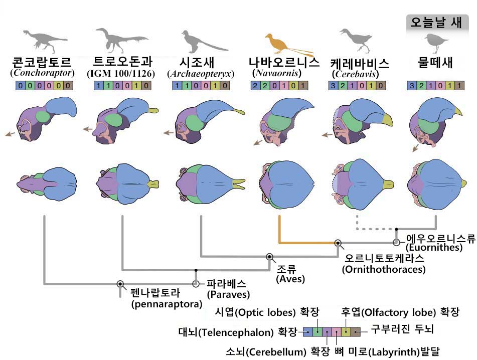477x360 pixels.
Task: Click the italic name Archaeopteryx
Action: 201,74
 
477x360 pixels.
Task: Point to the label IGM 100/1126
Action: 122,74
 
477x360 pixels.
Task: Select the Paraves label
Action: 228,294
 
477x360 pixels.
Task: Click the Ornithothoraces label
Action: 383,269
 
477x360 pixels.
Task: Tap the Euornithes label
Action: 434,247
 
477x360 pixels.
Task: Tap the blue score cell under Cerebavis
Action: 336,86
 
